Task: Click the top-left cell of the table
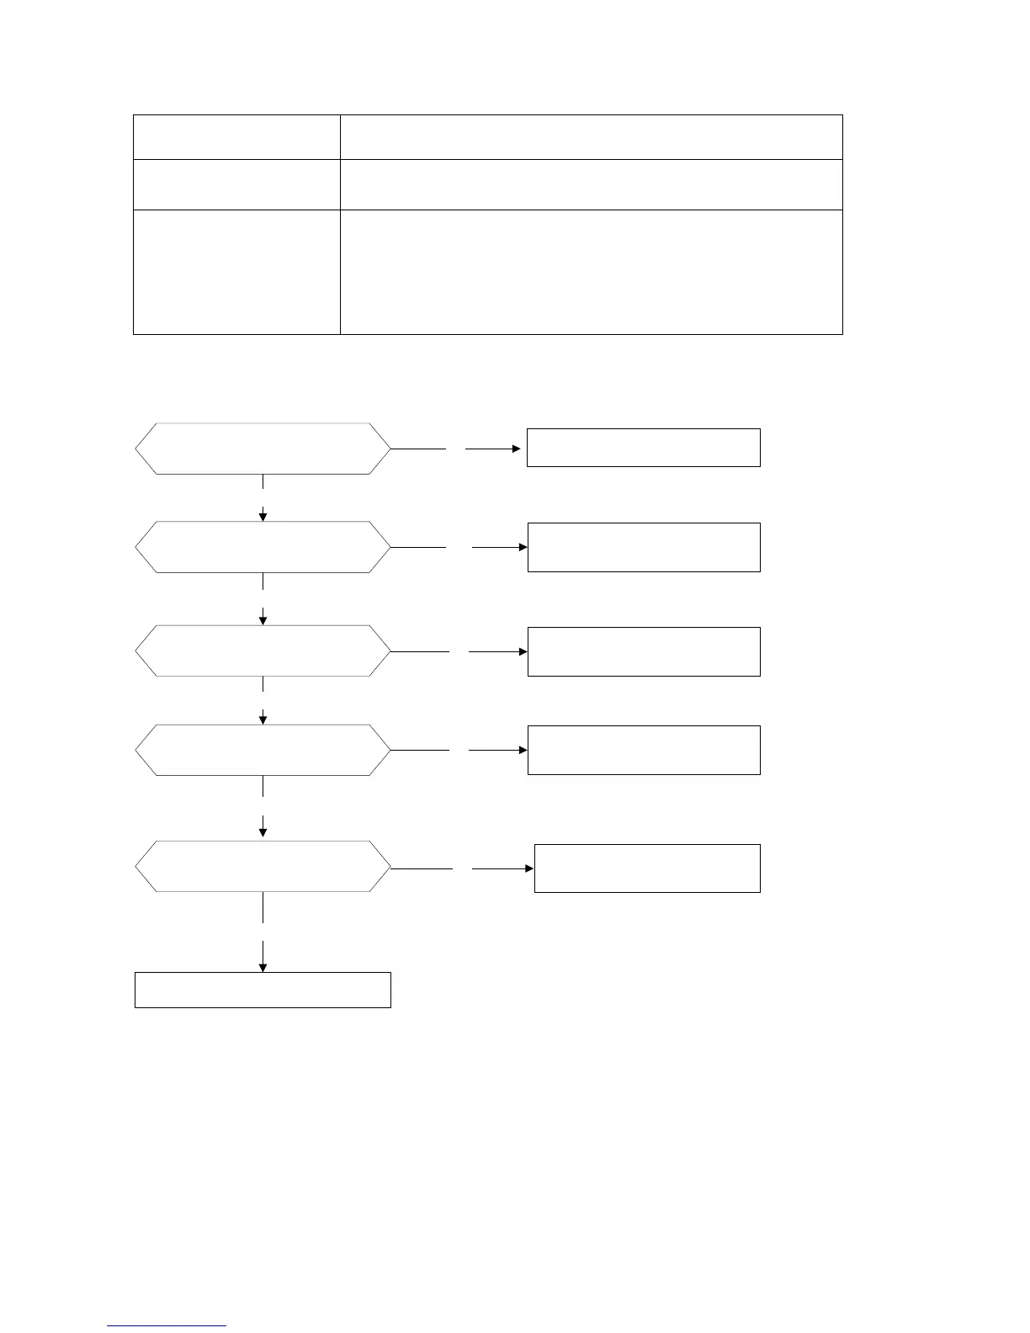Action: pos(236,137)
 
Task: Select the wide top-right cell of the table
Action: pos(591,137)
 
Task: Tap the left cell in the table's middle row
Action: pos(236,184)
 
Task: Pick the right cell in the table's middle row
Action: pos(591,184)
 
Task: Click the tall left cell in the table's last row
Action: pos(236,272)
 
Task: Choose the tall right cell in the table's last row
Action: pos(591,272)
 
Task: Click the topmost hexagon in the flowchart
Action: pos(263,449)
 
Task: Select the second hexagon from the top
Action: pos(263,547)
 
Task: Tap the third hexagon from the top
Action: pos(263,651)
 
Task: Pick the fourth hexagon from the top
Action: pos(263,750)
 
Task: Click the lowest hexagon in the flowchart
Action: pos(263,866)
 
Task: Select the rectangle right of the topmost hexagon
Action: pos(644,448)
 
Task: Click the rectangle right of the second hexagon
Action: pos(644,547)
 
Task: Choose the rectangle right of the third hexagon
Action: pos(644,651)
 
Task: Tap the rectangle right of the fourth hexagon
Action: pos(644,750)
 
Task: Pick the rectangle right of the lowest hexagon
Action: pos(647,868)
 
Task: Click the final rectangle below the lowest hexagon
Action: pos(263,990)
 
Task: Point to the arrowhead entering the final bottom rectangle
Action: pos(263,968)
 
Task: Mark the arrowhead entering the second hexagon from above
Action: pos(263,516)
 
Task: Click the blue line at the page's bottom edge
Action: pos(167,1326)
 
